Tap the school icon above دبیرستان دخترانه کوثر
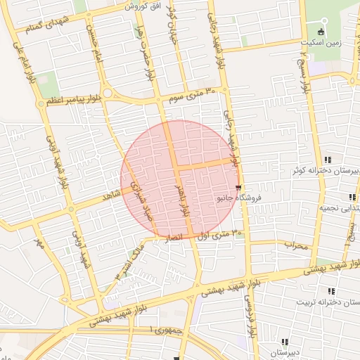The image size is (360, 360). pos(328,160)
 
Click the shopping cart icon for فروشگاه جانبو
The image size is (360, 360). pos(239,188)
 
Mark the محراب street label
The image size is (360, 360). pos(296,245)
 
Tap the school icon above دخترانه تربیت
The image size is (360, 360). pos(330,291)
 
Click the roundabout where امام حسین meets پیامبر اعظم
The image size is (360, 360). pos(108,94)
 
